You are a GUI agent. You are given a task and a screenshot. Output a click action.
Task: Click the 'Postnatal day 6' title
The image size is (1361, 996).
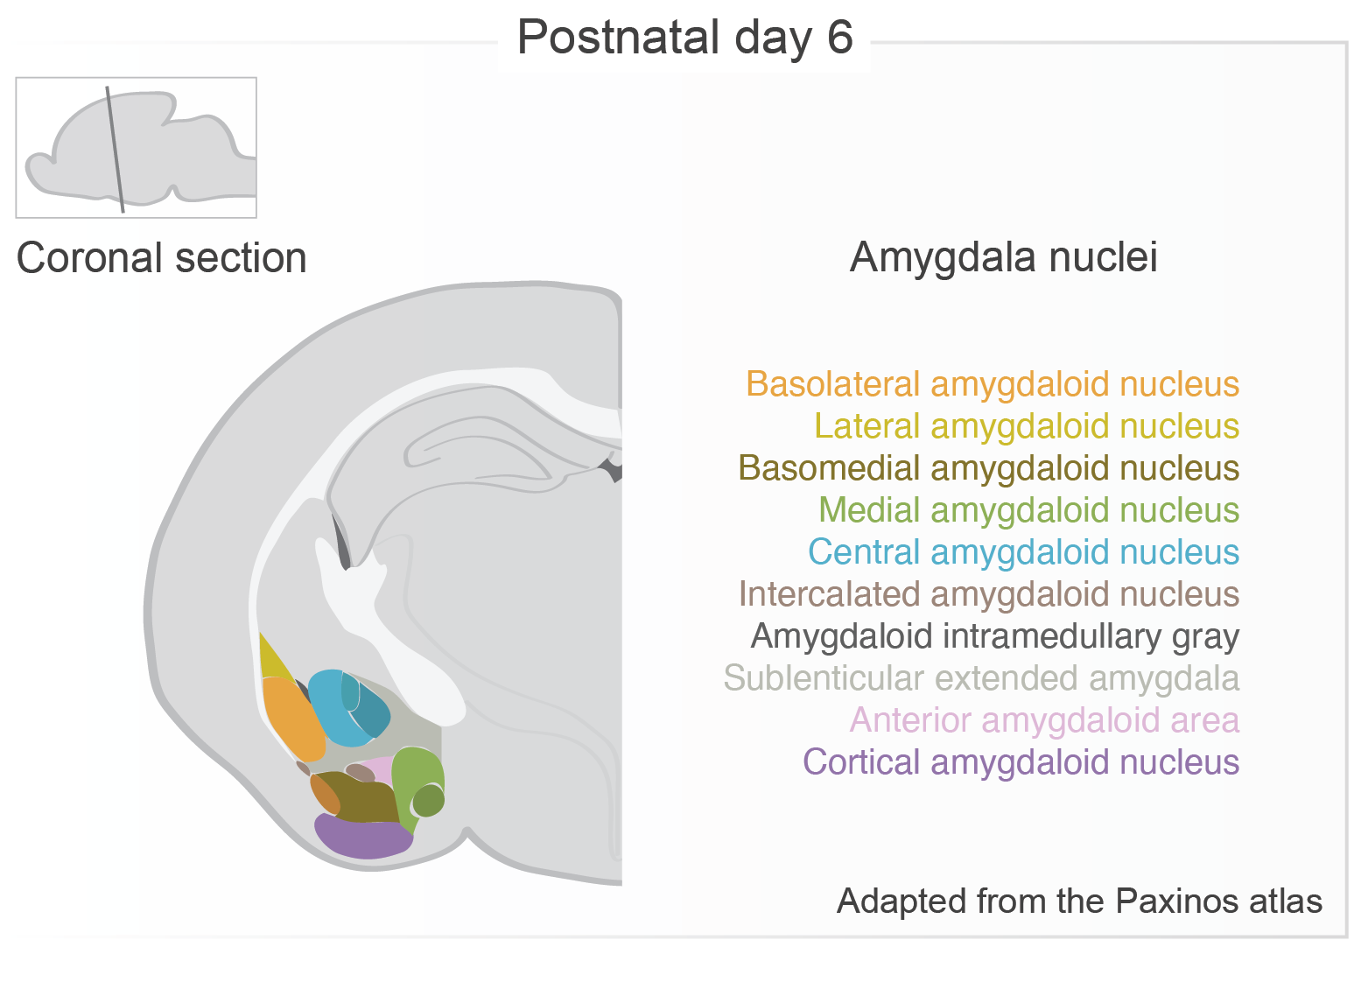point(684,38)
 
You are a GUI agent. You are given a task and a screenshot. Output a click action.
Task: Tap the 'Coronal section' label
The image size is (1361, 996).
point(162,258)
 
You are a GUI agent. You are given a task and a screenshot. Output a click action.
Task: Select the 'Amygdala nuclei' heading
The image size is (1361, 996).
point(1003,257)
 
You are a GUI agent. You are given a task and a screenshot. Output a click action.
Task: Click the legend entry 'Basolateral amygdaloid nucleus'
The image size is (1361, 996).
point(992,384)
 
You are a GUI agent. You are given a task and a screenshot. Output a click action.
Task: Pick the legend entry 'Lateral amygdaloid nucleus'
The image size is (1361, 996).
point(1026,426)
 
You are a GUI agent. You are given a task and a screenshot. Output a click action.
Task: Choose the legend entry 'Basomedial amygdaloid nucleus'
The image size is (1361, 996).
point(988,468)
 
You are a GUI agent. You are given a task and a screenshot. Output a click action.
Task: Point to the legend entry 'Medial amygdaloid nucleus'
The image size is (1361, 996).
point(1028,510)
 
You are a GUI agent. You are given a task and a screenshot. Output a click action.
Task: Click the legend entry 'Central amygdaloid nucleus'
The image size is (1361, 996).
point(1023,552)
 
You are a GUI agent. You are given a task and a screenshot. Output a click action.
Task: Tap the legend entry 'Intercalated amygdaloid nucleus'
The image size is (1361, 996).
point(988,594)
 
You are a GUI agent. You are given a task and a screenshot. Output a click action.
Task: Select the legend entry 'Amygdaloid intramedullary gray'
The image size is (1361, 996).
point(994,636)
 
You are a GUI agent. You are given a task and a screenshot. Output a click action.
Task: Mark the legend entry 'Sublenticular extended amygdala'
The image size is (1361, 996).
point(980,678)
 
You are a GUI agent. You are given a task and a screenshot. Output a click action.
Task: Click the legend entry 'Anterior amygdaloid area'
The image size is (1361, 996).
point(1044,720)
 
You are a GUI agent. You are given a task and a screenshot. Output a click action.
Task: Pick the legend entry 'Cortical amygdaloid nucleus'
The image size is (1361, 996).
point(1021,762)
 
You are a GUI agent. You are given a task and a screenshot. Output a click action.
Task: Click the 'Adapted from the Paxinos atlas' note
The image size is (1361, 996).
point(1079,901)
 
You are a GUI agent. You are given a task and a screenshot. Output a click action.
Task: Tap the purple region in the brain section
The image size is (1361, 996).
point(361,837)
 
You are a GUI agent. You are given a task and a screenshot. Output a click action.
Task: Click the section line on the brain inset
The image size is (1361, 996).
point(115,149)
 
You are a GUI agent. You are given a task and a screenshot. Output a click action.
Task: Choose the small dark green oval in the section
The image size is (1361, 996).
point(428,800)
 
